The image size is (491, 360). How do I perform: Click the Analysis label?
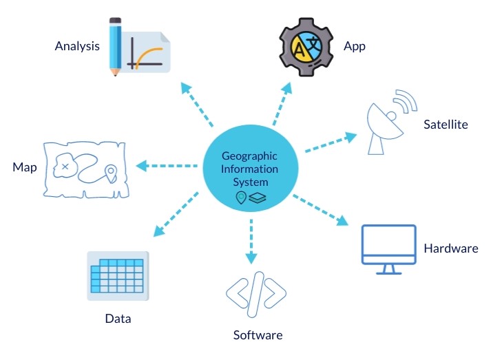tap(77, 47)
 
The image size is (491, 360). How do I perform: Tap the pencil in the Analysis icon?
tap(116, 45)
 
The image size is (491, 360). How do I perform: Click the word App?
tap(354, 47)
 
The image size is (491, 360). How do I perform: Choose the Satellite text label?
tap(446, 125)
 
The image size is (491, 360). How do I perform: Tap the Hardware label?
tap(450, 248)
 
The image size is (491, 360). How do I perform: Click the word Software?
tap(258, 335)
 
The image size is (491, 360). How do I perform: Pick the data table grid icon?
tap(118, 275)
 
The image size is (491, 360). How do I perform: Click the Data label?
tap(118, 319)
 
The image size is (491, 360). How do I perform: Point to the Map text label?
tap(24, 167)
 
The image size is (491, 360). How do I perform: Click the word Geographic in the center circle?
tap(250, 156)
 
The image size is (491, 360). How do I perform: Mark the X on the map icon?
tap(65, 167)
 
